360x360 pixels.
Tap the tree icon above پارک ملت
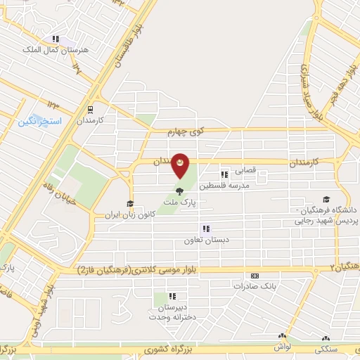click(181, 190)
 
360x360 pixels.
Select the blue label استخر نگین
click(40, 122)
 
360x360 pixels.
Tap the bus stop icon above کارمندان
click(89, 109)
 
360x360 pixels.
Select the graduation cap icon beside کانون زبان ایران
click(129, 204)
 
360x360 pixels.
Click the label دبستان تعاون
click(206, 239)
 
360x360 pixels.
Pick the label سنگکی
click(326, 349)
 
